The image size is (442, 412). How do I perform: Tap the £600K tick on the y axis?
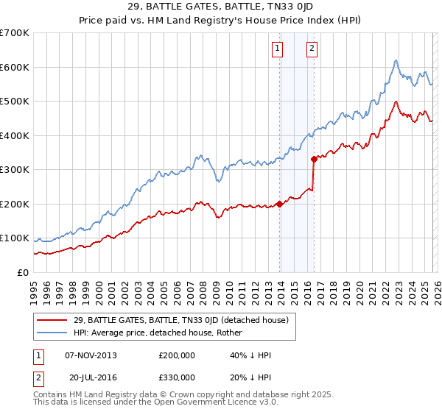click(15, 67)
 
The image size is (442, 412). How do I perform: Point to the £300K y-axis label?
click(15, 170)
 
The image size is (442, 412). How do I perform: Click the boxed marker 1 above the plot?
click(278, 49)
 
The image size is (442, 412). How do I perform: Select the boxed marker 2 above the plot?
click(312, 49)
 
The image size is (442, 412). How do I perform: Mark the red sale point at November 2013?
click(279, 204)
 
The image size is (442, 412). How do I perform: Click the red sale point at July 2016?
click(314, 158)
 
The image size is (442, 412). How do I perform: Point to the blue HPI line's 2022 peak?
click(396, 60)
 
